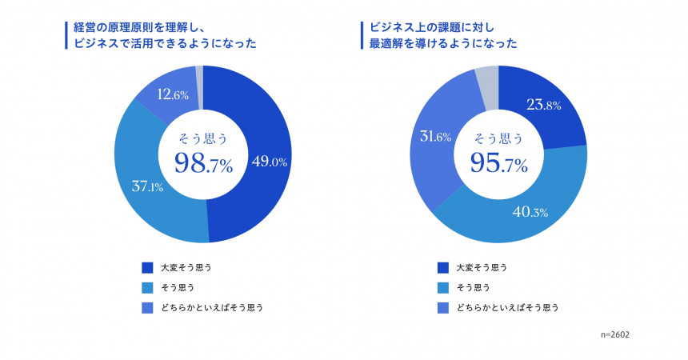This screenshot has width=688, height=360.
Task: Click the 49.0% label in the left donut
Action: click(270, 162)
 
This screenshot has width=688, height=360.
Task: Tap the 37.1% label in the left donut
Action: click(148, 187)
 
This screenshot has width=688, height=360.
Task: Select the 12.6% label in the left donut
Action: click(173, 95)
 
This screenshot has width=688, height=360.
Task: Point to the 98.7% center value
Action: click(203, 165)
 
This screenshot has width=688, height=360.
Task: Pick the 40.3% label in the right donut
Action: click(530, 212)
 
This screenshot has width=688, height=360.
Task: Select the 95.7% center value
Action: click(498, 165)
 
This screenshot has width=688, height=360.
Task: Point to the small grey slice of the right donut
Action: click(487, 77)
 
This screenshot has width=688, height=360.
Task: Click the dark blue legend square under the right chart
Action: click(443, 267)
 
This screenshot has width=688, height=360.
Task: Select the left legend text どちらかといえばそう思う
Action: click(211, 307)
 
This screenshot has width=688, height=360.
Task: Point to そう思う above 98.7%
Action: click(203, 137)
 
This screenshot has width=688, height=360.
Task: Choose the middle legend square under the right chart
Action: click(443, 287)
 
